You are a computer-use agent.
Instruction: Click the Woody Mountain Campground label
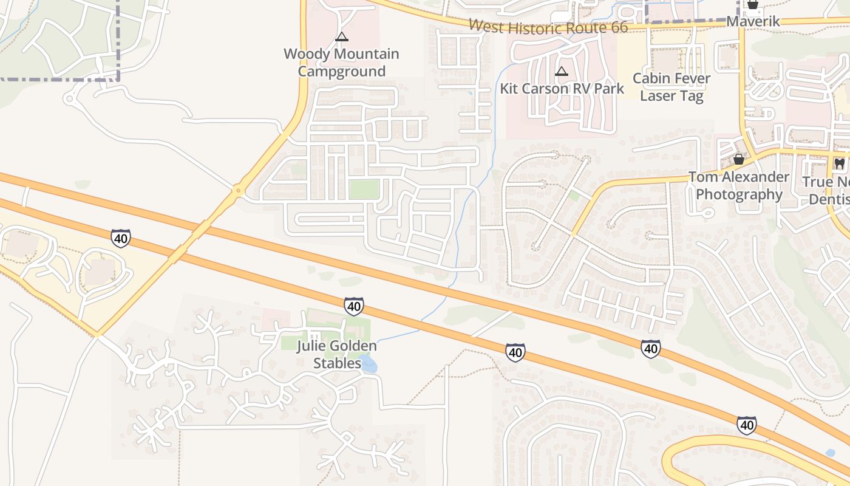(341, 63)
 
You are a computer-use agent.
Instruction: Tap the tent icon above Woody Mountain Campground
(342, 37)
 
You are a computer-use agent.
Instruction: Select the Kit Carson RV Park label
(562, 89)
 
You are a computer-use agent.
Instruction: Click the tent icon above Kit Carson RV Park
(562, 72)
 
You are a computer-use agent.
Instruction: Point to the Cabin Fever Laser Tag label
(671, 87)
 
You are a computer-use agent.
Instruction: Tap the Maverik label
(753, 22)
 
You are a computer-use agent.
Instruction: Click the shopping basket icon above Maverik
(753, 5)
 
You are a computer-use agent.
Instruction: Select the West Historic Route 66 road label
(548, 27)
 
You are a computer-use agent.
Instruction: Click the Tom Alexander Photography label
(738, 185)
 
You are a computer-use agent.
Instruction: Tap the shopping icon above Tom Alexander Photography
(739, 160)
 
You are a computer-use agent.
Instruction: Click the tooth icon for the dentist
(840, 163)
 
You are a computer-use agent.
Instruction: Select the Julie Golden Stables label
(336, 354)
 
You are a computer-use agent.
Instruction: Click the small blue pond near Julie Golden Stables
(369, 364)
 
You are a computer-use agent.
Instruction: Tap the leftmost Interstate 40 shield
(121, 238)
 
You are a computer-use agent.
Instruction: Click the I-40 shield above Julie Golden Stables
(353, 306)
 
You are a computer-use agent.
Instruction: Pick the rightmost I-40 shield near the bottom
(747, 425)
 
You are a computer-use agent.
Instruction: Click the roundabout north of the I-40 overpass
(238, 191)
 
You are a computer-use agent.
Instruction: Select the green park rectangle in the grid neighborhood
(364, 190)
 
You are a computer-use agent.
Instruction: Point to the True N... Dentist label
(828, 190)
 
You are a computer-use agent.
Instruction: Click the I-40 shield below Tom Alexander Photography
(650, 348)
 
